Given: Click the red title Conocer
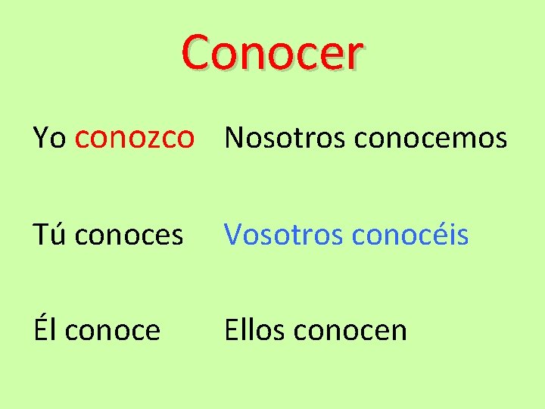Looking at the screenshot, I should coord(272,53).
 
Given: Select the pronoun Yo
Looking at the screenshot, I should coord(50,138).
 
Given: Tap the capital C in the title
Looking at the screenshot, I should coord(198,53).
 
